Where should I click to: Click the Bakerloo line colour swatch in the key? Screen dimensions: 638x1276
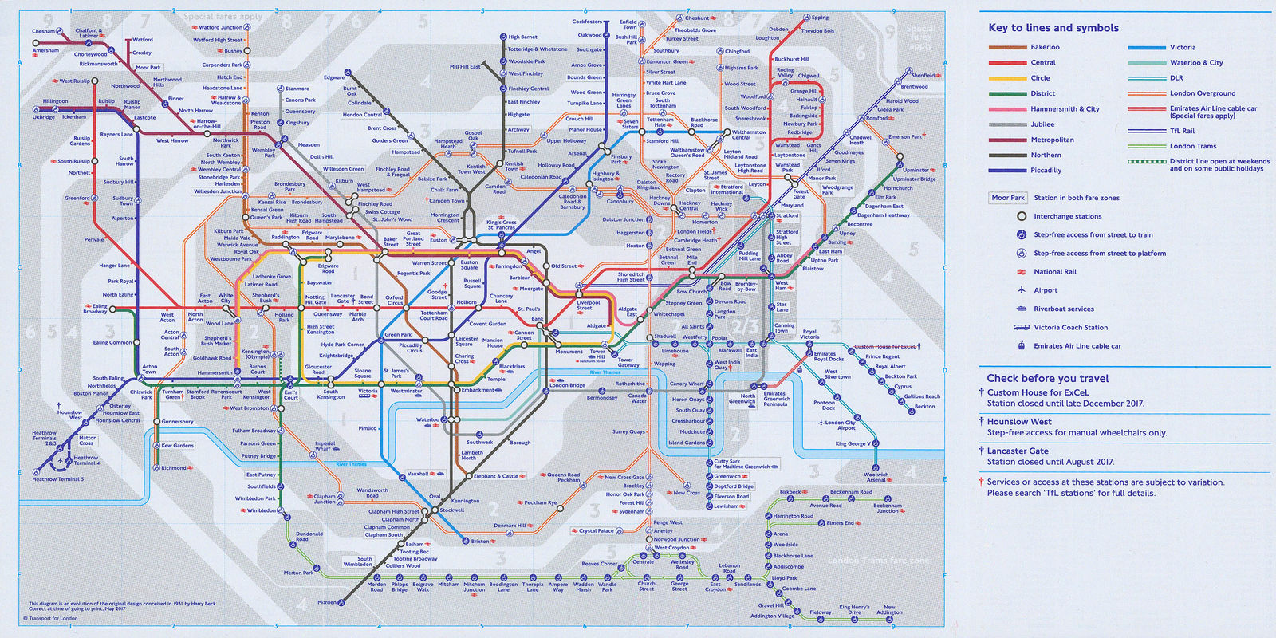coord(1006,47)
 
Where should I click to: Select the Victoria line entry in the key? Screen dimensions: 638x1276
coord(1183,47)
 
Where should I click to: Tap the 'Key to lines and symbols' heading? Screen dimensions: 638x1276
coord(1053,28)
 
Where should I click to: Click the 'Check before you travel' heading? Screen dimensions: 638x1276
coord(1047,378)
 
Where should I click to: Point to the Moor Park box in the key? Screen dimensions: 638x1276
coord(1007,198)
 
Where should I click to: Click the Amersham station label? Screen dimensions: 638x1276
coord(45,50)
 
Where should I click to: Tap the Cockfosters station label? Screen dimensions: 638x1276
coord(587,22)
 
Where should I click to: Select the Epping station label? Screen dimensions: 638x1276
coord(819,18)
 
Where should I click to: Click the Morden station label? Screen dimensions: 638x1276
coord(326,602)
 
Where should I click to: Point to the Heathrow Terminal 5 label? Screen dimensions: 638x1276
coord(57,479)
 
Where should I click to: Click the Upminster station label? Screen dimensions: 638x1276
coord(916,170)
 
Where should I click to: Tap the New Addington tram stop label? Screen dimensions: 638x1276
coord(888,610)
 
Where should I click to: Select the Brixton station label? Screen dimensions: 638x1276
coord(479,542)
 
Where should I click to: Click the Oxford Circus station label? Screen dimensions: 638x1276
coord(395,300)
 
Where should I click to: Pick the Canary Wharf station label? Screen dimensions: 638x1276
coord(686,384)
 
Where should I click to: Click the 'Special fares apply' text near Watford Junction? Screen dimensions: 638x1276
coord(223,16)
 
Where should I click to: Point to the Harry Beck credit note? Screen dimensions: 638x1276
coord(122,604)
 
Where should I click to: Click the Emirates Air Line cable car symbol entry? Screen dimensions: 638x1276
coord(1077,346)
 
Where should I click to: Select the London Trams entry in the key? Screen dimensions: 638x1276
coord(1192,146)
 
